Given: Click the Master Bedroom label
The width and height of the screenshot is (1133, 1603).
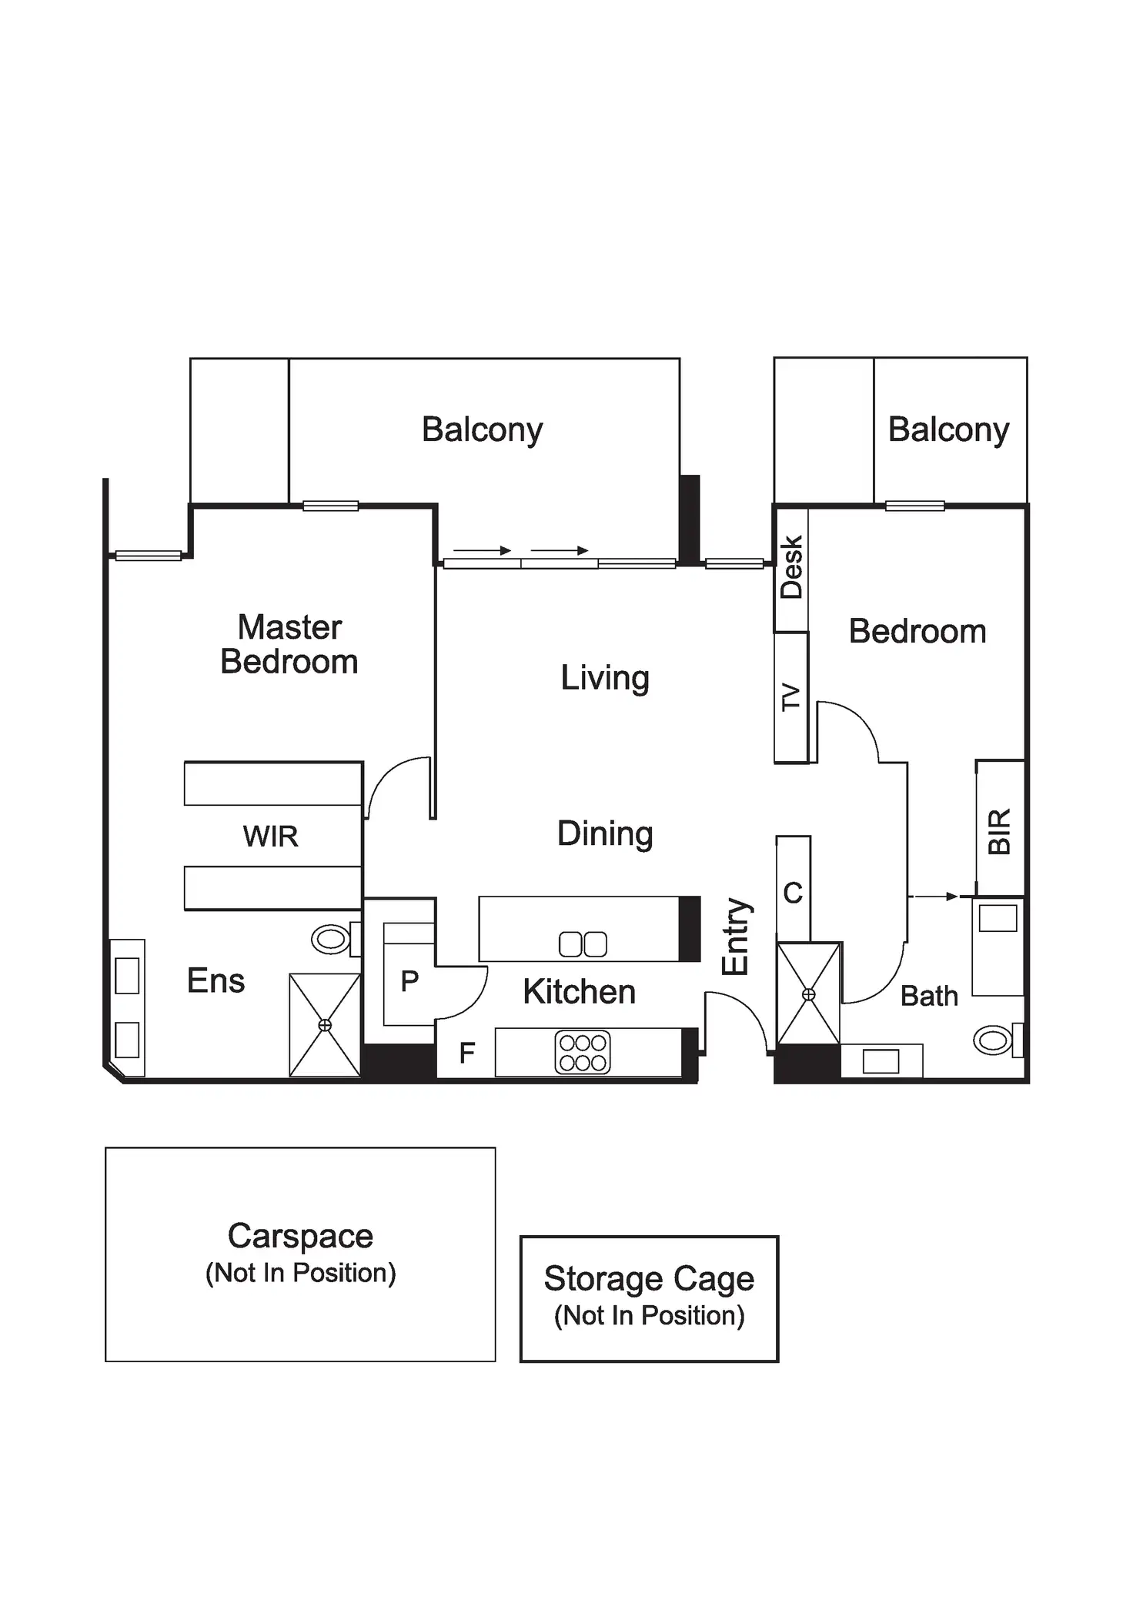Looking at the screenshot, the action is (x=289, y=645).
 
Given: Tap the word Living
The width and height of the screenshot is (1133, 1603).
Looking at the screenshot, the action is (x=604, y=678).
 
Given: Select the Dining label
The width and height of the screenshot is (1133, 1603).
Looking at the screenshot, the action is (x=605, y=833).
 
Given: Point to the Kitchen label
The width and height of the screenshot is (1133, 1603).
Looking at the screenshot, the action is (x=579, y=992).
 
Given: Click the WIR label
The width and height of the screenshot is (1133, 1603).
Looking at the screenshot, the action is (x=270, y=837).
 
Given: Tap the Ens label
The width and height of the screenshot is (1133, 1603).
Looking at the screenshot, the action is (x=216, y=981).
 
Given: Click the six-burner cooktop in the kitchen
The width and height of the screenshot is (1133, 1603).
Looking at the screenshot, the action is (x=583, y=1053).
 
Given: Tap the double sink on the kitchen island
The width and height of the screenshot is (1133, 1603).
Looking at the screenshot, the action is (x=583, y=944).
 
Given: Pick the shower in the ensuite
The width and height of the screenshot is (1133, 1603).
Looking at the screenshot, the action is (x=325, y=1025).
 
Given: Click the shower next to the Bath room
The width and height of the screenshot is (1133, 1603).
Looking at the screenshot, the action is (x=808, y=994).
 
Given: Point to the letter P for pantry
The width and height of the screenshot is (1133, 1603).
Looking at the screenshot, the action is (x=409, y=980).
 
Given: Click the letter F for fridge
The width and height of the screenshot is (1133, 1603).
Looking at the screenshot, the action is (x=466, y=1053).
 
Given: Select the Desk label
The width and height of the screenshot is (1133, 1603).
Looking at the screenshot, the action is (x=791, y=568).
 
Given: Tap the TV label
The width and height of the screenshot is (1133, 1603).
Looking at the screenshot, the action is (x=791, y=697).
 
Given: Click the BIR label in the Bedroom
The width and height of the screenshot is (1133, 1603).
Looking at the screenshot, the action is (x=999, y=832).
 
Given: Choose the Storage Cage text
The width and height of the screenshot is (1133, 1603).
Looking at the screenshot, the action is (x=649, y=1279).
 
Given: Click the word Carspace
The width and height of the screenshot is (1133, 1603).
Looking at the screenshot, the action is (x=300, y=1237).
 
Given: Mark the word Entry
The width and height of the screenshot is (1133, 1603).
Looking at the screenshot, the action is (x=736, y=937).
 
